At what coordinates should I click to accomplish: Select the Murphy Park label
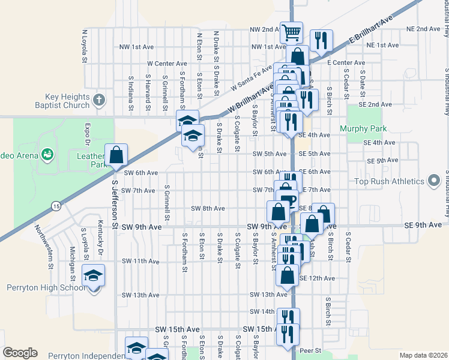363,128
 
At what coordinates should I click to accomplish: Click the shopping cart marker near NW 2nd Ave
291,32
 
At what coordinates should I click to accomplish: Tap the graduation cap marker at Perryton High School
93,275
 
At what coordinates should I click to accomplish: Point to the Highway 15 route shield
55,205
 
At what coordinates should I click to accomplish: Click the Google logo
20,352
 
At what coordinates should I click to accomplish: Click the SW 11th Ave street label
140,262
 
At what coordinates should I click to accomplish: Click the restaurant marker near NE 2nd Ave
321,40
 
